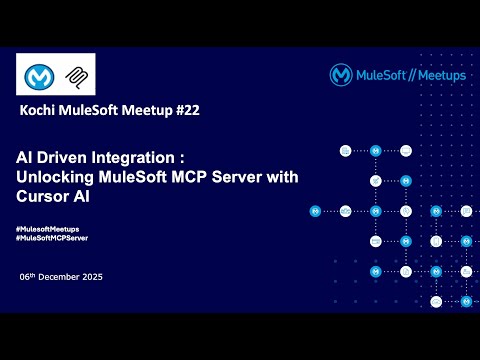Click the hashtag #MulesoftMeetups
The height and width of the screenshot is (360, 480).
click(48, 230)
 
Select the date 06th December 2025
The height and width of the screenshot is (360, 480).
click(61, 276)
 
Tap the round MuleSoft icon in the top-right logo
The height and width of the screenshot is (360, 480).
click(341, 74)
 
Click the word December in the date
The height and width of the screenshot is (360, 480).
click(65, 276)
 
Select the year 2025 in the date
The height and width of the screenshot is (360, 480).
click(92, 276)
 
